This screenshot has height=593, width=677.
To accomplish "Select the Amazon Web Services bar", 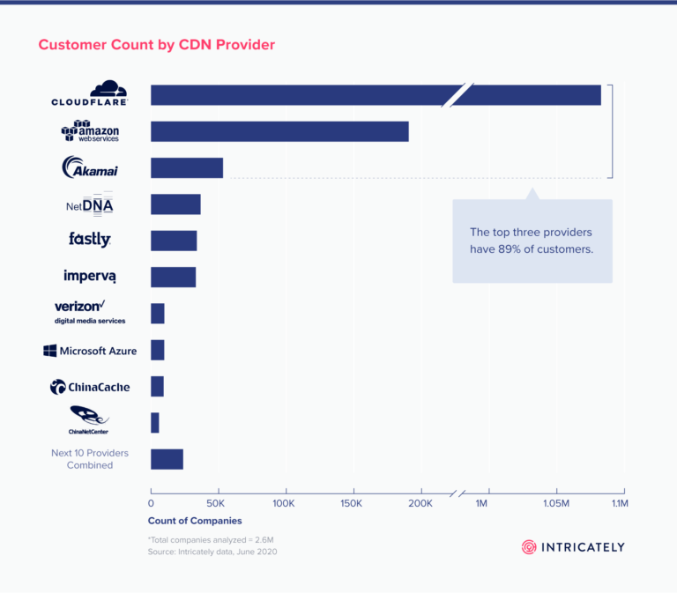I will click(x=279, y=131).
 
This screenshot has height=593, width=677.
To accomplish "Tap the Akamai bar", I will click(x=187, y=167).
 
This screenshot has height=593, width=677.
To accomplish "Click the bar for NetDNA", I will click(x=175, y=204).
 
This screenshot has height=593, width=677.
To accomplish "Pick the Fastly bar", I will click(x=174, y=241).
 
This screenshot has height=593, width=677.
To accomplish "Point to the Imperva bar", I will click(x=173, y=277).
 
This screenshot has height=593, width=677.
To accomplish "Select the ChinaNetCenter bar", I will click(x=155, y=422).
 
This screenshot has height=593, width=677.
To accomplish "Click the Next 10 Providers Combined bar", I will click(x=167, y=459).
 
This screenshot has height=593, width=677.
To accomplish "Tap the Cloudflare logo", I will click(x=90, y=93).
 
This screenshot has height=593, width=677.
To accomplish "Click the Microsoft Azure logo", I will click(x=90, y=351).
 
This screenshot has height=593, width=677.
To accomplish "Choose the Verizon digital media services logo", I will click(x=90, y=311).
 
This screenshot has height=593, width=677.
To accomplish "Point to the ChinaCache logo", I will click(x=90, y=387).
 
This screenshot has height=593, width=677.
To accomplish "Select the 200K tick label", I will click(x=420, y=503).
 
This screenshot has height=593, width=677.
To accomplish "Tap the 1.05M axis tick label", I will click(x=556, y=503).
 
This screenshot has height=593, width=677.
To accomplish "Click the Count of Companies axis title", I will click(x=194, y=521).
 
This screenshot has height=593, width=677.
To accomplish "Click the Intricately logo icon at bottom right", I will click(x=529, y=547).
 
